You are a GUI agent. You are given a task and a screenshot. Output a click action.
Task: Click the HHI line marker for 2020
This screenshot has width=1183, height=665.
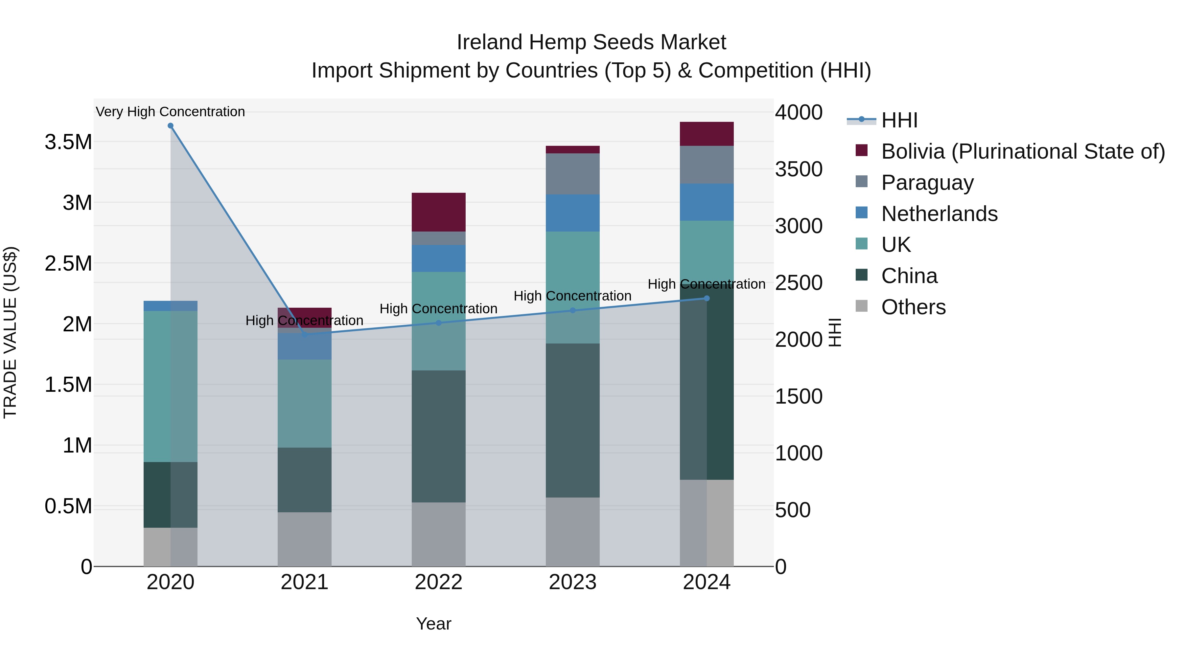170,126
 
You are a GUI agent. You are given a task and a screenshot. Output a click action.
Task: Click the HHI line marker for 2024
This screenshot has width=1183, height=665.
706,298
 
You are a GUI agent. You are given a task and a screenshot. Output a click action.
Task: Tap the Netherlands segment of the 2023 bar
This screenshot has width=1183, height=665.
572,213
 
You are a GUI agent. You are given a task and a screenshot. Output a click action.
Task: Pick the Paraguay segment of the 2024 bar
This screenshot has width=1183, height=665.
706,165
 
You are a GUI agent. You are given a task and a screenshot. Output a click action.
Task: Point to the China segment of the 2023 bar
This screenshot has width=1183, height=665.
572,420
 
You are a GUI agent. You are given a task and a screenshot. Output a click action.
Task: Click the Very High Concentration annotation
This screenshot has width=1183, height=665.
170,112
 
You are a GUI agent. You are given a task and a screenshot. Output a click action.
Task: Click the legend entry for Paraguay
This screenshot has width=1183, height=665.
927,183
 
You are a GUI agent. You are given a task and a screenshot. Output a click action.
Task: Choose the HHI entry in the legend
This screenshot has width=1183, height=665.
899,120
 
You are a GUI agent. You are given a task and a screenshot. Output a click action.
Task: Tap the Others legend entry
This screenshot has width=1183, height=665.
913,307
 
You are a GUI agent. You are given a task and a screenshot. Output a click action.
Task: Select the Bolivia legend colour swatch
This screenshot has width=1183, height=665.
862,150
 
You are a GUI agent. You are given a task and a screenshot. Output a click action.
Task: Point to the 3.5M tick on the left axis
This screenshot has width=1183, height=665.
68,142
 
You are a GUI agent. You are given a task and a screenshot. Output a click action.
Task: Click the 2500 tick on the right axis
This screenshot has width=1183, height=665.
799,283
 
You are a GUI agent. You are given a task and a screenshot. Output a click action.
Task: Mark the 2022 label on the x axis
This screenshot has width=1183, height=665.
438,582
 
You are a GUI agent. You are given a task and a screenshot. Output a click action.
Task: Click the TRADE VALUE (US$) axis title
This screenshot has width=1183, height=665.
10,332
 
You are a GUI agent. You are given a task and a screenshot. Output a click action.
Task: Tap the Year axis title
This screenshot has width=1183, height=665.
433,624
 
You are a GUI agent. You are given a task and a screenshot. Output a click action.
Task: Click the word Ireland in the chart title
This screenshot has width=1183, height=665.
490,42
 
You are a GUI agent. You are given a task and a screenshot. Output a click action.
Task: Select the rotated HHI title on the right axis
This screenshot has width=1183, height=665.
835,332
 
